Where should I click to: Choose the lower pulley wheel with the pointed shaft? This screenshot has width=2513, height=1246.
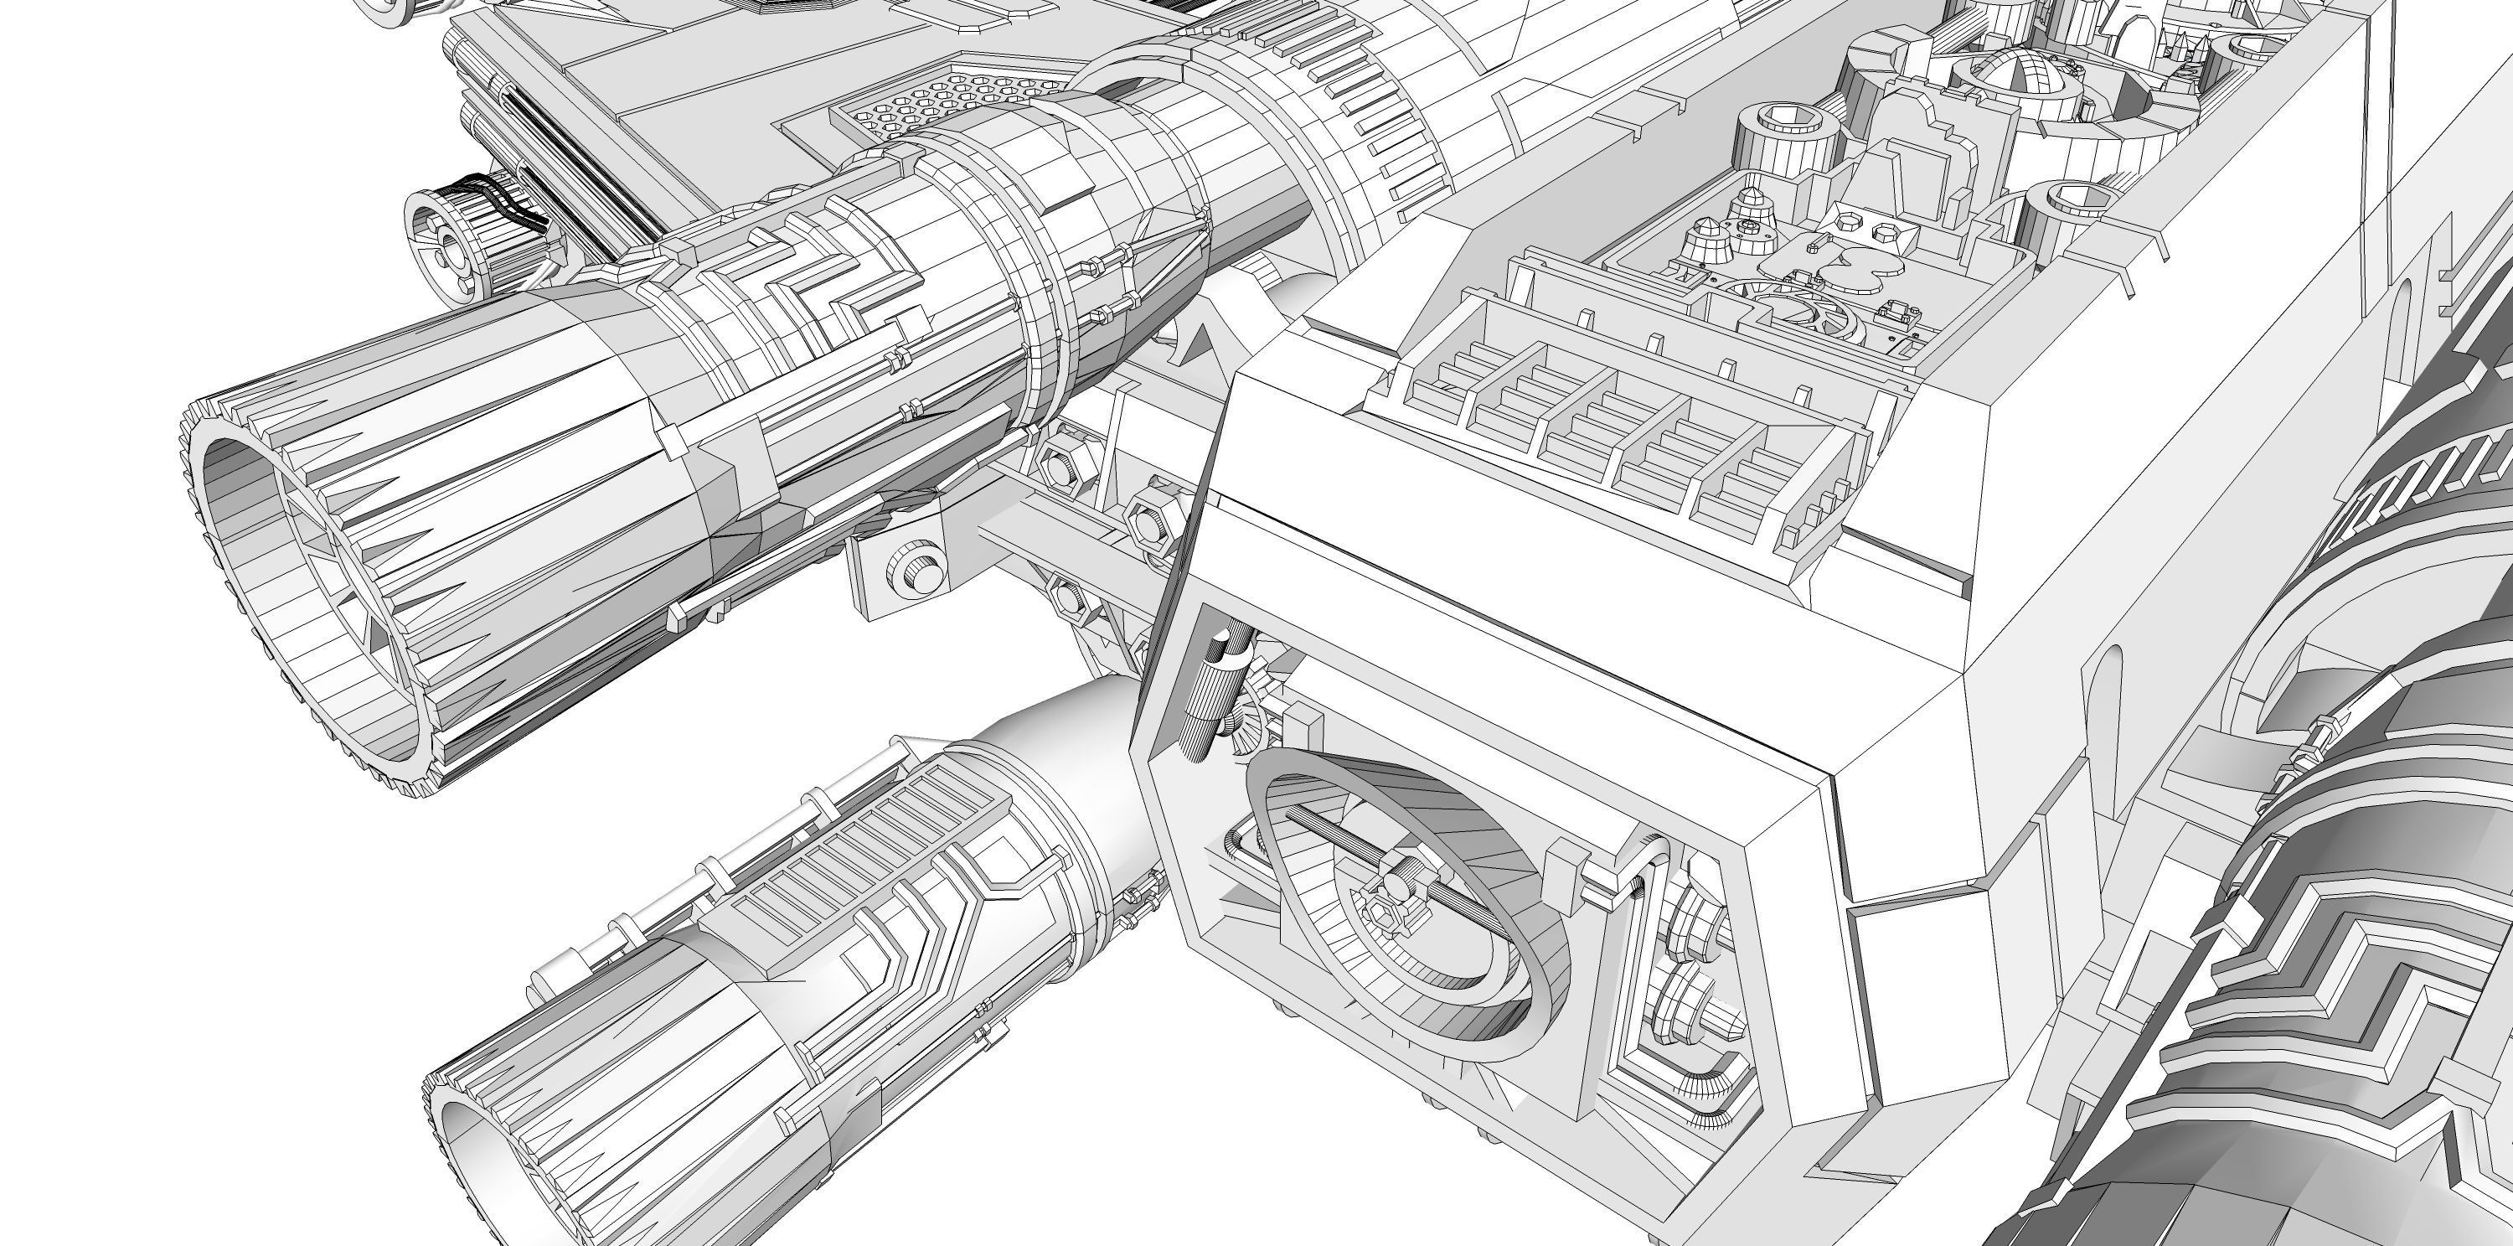pos(1683,1010)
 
